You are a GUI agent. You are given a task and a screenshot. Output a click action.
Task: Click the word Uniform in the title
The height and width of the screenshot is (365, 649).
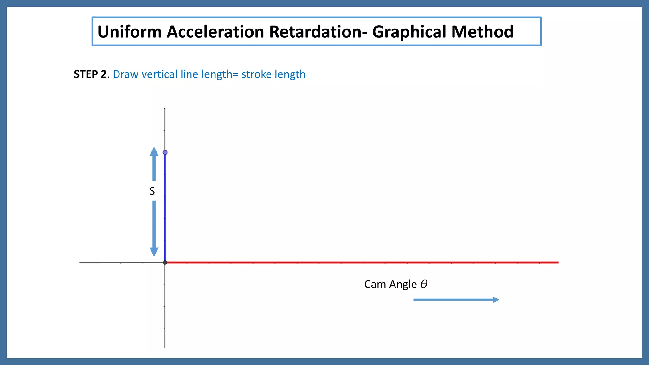129,32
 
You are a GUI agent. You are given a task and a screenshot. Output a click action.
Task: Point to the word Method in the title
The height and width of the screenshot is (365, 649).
482,32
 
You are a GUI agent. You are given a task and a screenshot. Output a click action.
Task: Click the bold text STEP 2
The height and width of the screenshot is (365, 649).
90,74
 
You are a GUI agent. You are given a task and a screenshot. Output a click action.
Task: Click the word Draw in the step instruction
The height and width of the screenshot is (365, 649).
125,74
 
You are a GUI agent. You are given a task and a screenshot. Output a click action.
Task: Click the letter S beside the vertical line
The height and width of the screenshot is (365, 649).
152,191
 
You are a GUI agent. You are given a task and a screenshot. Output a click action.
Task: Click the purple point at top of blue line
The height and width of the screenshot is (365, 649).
165,153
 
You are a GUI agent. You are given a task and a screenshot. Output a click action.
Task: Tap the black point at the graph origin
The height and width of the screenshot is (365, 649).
165,262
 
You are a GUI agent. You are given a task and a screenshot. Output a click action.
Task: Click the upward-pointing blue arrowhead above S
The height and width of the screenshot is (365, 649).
154,151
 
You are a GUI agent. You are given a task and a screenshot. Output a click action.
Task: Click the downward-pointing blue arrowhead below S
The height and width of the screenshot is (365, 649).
154,252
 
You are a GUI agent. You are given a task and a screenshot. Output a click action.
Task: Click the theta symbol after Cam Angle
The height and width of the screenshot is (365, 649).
424,284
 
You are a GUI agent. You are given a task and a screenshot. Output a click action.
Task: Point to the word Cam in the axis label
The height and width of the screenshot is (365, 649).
376,284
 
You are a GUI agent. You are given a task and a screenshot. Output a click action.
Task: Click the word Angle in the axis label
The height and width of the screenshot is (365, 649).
403,285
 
